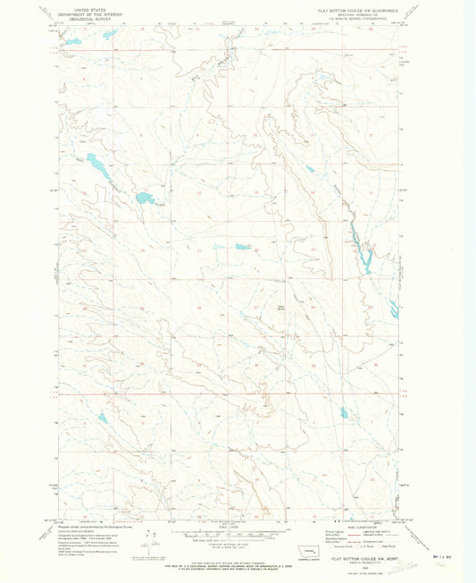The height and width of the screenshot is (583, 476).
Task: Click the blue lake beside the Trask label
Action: tap(144, 198)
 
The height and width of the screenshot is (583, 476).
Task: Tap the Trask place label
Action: tap(161, 205)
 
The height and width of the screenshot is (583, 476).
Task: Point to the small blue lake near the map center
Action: tap(242, 247)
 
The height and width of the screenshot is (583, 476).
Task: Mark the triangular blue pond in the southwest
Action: tap(103, 418)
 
